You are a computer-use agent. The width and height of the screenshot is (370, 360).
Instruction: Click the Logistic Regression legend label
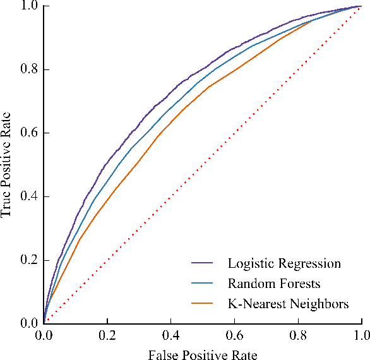click(x=284, y=263)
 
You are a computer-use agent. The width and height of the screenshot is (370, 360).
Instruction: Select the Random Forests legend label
click(x=274, y=284)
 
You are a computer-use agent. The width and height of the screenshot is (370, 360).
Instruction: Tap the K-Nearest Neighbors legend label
click(x=288, y=304)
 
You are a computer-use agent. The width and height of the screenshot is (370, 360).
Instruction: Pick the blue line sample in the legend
click(x=203, y=284)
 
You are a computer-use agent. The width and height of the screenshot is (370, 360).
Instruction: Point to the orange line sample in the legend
click(x=203, y=304)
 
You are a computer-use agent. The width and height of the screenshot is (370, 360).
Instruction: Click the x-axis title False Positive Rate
click(x=203, y=354)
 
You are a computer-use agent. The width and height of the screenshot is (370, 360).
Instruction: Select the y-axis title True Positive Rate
click(x=7, y=165)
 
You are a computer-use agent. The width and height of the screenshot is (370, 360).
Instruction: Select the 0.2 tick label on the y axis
click(x=29, y=260)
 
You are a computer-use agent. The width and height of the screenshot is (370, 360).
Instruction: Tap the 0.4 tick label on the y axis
click(x=29, y=196)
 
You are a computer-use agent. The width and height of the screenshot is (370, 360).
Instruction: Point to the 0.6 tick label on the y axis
click(x=29, y=133)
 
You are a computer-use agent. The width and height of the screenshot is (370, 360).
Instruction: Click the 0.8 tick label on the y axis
click(x=29, y=69)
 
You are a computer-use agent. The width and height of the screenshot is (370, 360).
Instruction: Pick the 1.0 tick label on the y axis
click(x=29, y=6)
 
